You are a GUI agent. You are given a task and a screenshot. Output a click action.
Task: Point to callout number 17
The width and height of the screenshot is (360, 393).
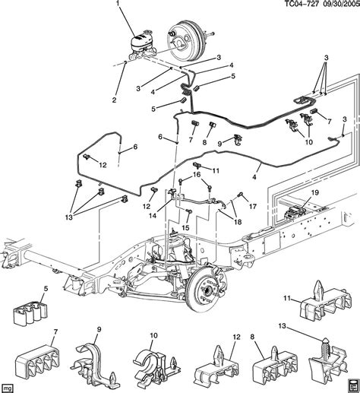pyautogui.click(x=253, y=204)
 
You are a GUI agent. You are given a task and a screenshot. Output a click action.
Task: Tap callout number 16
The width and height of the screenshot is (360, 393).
pyautogui.click(x=197, y=175)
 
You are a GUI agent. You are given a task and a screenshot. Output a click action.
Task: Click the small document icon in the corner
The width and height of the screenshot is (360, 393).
pyautogui.click(x=350, y=384)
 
